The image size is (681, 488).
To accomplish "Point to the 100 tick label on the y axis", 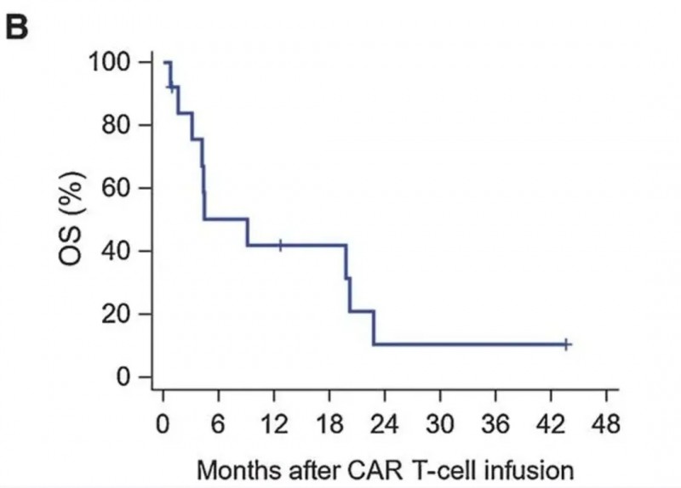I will [114, 63].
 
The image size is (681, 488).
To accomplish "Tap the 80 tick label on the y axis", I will [121, 125].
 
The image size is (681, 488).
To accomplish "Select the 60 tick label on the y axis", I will [121, 188].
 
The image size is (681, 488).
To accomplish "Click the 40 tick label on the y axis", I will [121, 251].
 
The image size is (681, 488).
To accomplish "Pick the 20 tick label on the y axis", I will [121, 314].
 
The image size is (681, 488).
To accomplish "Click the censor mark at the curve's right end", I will [566, 344].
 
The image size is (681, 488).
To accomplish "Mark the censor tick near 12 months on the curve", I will [280, 245].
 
